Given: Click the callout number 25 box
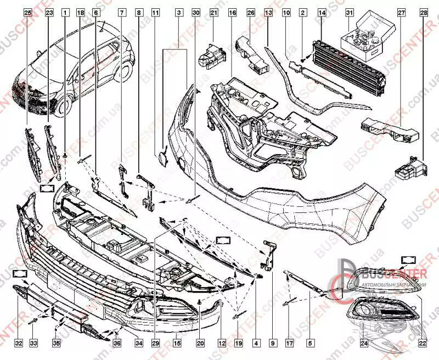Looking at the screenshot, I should (x=28, y=12).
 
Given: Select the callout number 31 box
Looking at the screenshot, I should (x=350, y=12).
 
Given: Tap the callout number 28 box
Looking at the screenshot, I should (x=423, y=12).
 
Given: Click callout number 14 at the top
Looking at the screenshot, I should (x=322, y=12).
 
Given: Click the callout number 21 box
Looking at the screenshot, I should (x=214, y=12).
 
